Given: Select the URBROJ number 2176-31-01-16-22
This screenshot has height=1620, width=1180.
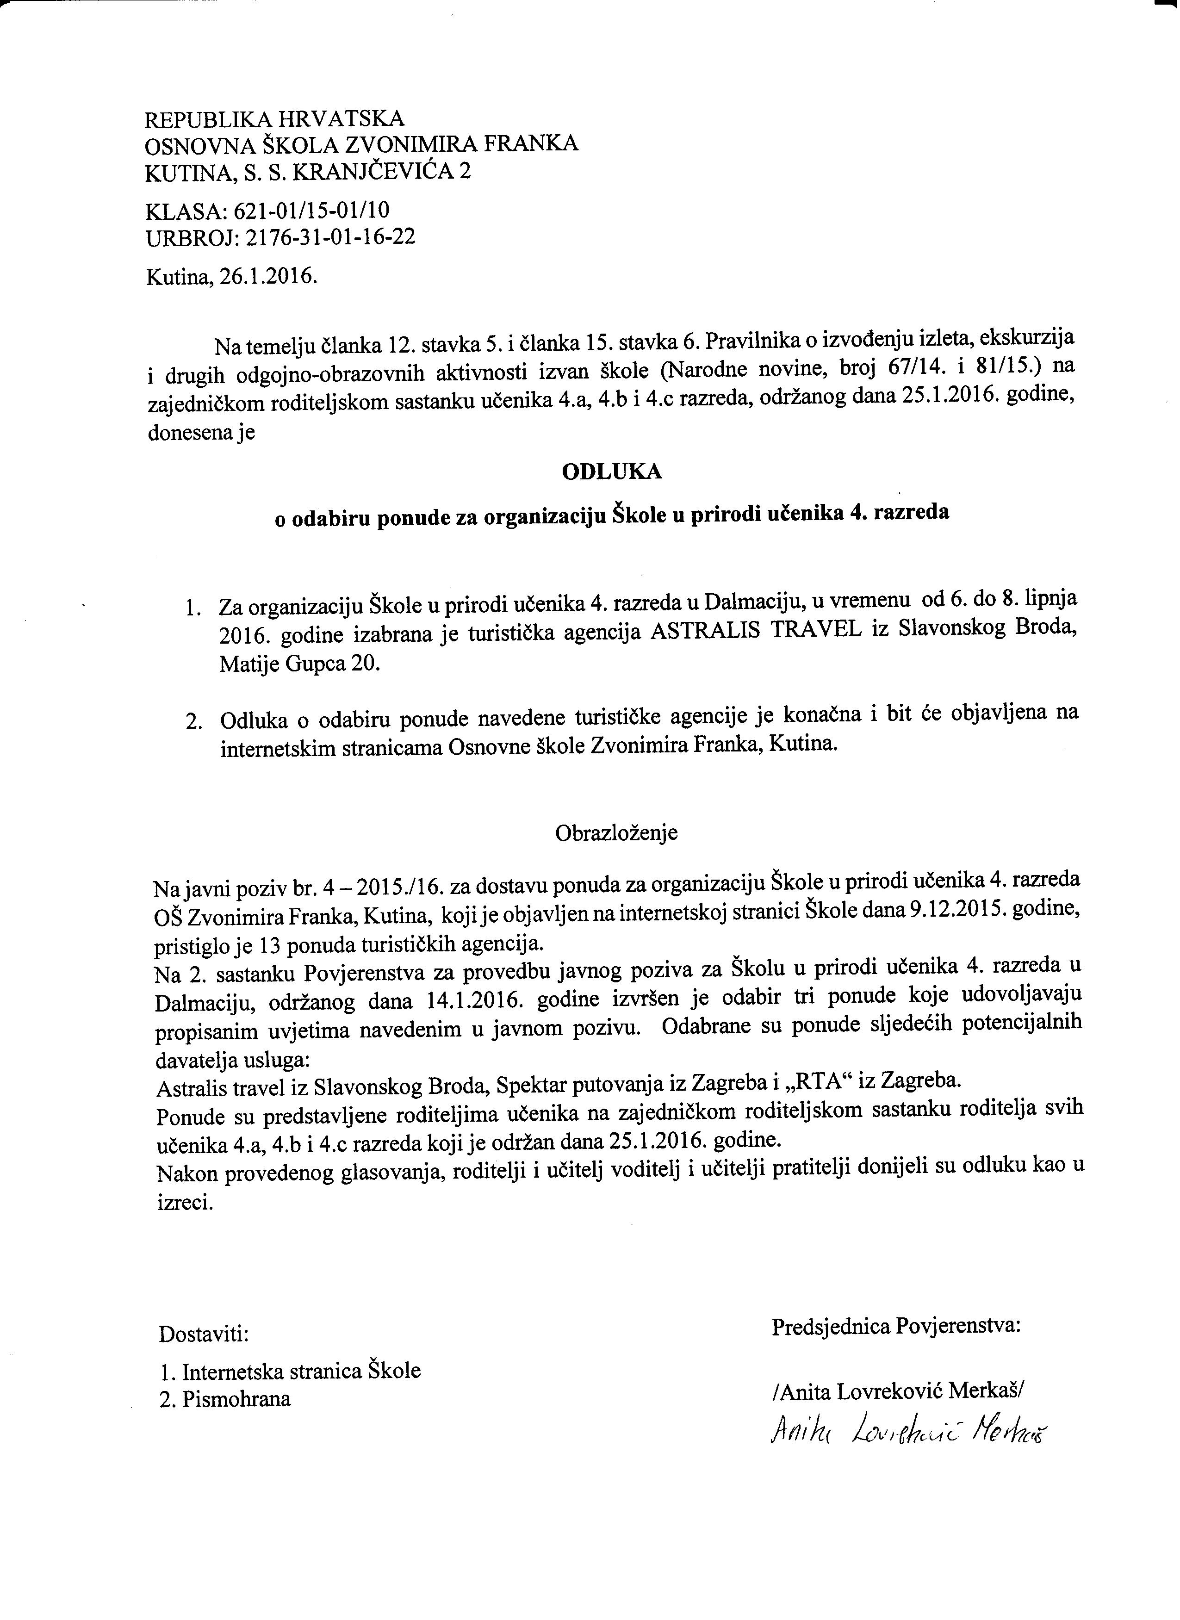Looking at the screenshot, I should click(x=330, y=237).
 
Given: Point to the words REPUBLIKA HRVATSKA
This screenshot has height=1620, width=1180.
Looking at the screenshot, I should click(x=275, y=118).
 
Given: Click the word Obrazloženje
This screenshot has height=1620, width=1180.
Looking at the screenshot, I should click(x=616, y=833).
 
